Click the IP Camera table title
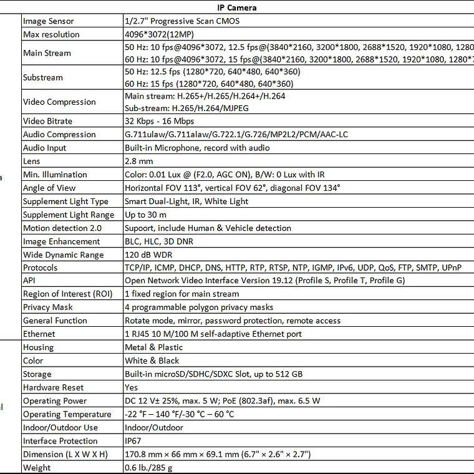[236, 7]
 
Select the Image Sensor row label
[48, 21]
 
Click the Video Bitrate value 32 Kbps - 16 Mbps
[159, 121]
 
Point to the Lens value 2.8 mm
[138, 161]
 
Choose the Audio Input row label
[44, 148]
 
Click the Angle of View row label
[49, 188]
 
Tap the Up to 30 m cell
[145, 215]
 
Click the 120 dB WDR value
[148, 254]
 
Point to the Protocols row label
[40, 268]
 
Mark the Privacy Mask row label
[48, 307]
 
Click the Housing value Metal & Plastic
[154, 347]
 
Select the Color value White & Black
[152, 360]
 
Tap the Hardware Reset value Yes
[132, 387]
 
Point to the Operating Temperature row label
[67, 414]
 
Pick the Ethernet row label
[39, 334]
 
